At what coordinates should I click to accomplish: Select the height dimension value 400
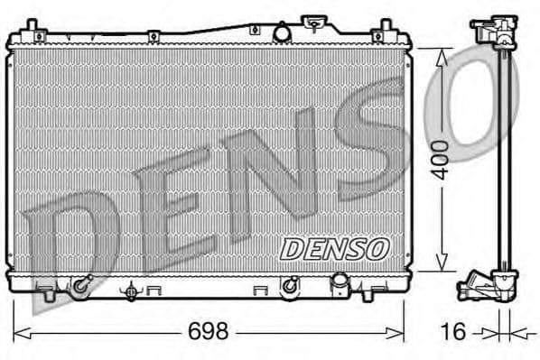(x=441, y=159)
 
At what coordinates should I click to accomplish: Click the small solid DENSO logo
(x=333, y=246)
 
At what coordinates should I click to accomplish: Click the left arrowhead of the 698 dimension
(x=18, y=331)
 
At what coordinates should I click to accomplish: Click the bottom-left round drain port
(x=82, y=286)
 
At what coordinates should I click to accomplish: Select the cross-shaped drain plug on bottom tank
(x=132, y=291)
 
